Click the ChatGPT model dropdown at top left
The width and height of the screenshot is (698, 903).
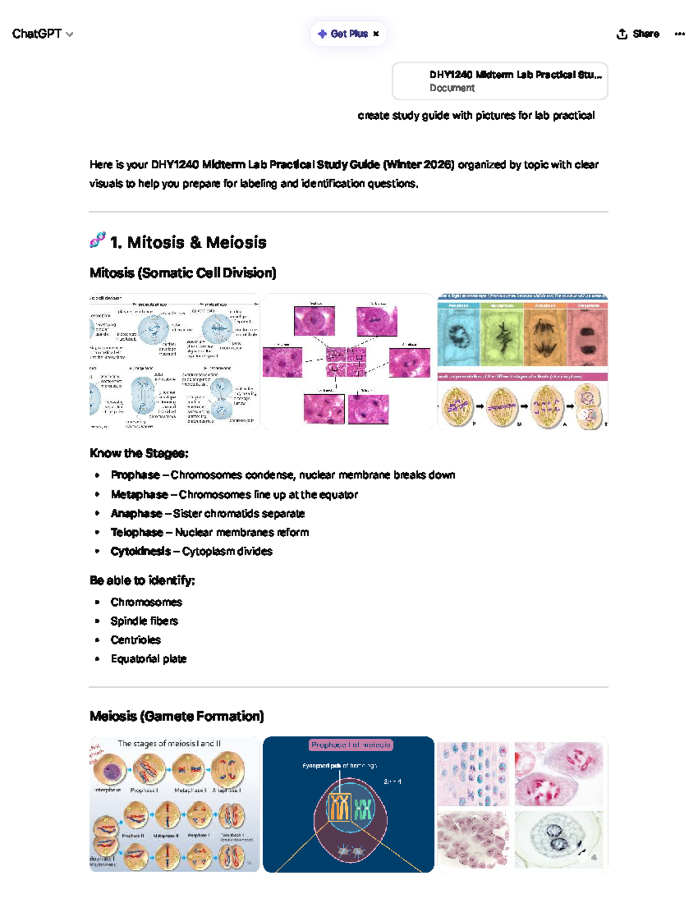coord(42,34)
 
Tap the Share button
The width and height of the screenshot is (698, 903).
coord(638,34)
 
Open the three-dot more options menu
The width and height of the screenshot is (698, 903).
coord(679,34)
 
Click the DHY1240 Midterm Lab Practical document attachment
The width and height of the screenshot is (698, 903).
coord(500,81)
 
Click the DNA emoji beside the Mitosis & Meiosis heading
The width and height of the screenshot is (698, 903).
coord(97,240)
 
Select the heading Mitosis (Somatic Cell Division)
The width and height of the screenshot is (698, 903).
coord(183,273)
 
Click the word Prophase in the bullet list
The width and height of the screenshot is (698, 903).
coord(135,475)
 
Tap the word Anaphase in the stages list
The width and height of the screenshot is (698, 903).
coord(136,513)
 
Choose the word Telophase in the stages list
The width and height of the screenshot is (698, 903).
coord(137,532)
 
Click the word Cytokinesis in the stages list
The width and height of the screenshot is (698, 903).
coord(140,551)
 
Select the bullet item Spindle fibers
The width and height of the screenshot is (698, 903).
coord(144,621)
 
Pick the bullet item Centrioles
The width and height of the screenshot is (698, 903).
coord(136,640)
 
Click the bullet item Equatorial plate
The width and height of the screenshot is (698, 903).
coord(148,659)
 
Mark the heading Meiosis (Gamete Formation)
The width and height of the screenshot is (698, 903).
coord(176,716)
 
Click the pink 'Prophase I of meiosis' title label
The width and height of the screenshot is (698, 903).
coord(351,745)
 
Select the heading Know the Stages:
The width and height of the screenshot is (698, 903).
coord(138,453)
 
